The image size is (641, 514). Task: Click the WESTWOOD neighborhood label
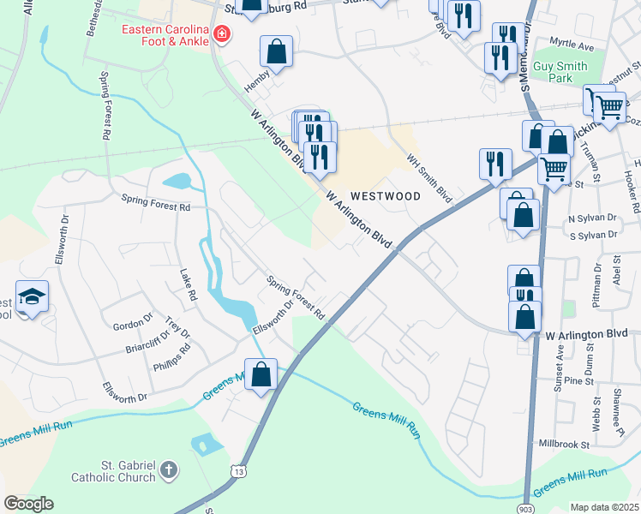coord(384,196)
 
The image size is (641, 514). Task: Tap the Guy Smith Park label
coord(560,72)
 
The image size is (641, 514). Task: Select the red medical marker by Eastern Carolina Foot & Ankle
coord(223,34)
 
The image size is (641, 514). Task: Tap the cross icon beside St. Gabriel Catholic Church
coord(169,469)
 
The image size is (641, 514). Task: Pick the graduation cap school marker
coord(32,296)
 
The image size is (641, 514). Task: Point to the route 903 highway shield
coord(524,506)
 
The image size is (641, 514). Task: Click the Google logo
coord(28,504)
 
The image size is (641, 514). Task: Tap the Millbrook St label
coord(565,445)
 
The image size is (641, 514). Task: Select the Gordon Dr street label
coord(132,320)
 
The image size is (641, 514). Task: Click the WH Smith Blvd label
coord(429,178)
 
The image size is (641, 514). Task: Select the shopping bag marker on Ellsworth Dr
coord(261,374)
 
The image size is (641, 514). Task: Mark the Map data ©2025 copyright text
coord(604,507)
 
